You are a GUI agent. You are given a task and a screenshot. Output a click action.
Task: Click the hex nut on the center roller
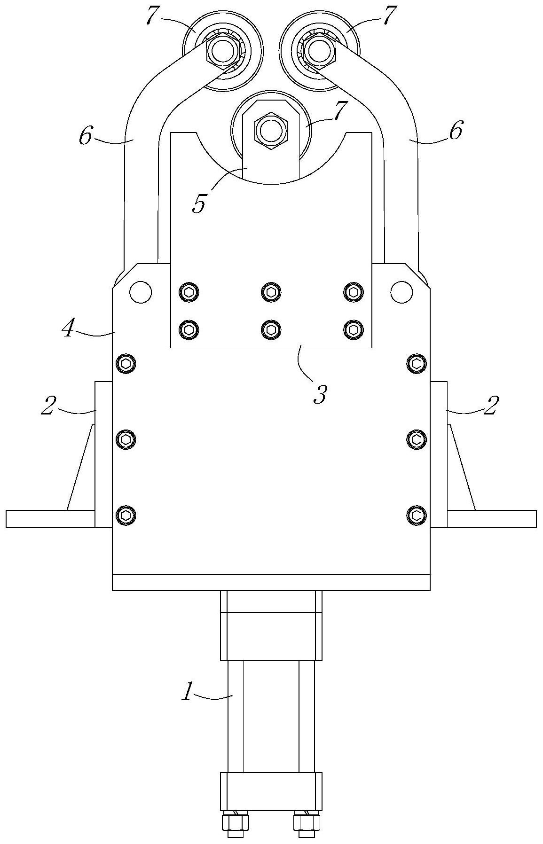click(270, 129)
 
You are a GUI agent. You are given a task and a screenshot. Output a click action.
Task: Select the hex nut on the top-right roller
click(320, 50)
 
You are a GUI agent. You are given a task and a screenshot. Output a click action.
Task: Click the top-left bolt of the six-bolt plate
click(189, 292)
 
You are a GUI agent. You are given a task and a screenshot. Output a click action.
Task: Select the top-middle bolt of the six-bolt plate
click(271, 292)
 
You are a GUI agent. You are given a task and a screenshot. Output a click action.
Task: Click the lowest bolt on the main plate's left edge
click(126, 515)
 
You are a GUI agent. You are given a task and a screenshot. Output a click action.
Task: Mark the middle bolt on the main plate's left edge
click(126, 439)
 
